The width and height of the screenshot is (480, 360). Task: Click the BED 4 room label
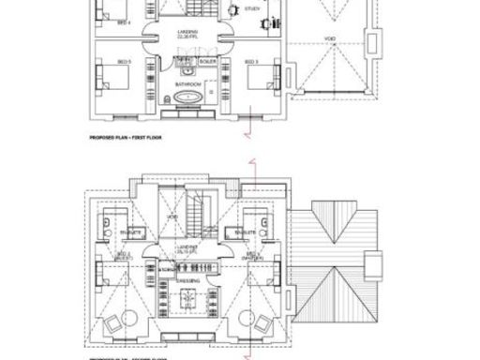pyautogui.click(x=123, y=21)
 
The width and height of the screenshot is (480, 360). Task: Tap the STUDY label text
pyautogui.click(x=252, y=8)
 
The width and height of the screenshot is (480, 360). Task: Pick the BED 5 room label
pyautogui.click(x=124, y=63)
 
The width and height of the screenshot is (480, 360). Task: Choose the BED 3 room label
pyautogui.click(x=250, y=63)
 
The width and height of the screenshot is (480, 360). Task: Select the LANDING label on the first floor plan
pyautogui.click(x=187, y=32)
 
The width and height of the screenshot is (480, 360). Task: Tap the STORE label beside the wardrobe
pyautogui.click(x=166, y=268)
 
